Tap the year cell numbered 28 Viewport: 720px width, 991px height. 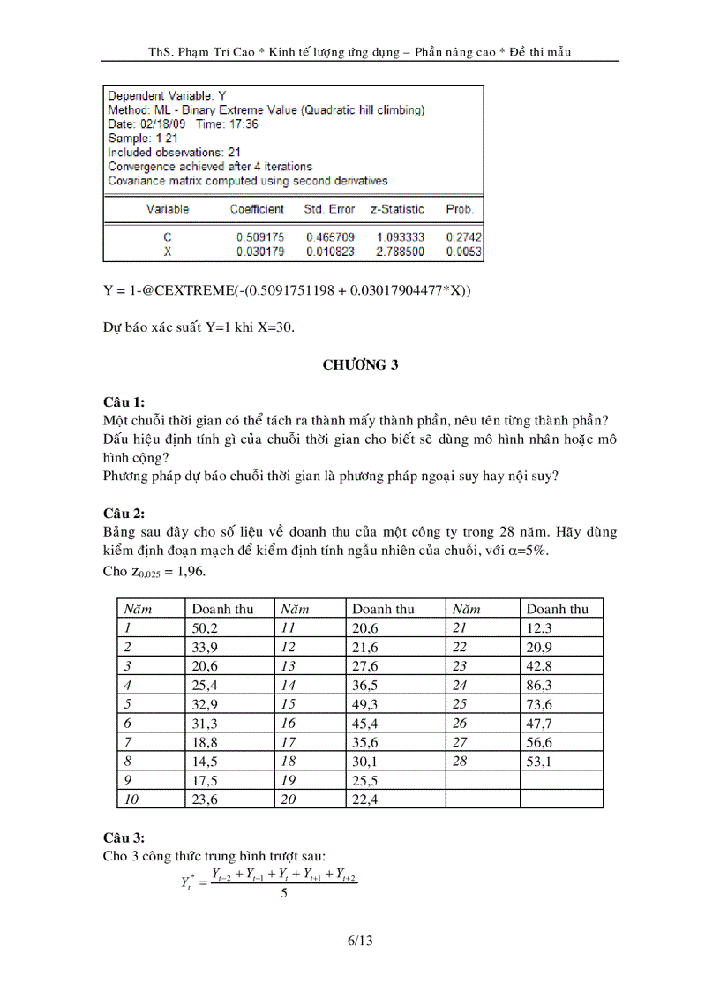(x=460, y=761)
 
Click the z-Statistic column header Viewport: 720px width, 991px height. (x=397, y=209)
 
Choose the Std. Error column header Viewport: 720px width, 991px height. (x=329, y=209)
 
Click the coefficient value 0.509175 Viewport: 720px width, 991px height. (x=259, y=237)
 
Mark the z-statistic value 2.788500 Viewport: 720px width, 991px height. (x=400, y=252)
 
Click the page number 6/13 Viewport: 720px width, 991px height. (x=360, y=941)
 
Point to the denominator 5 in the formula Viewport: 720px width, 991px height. (x=283, y=893)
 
